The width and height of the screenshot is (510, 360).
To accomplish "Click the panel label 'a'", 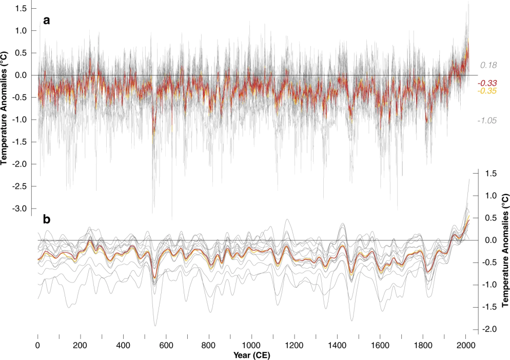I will (x=47, y=21).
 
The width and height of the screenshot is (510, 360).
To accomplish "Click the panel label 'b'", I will (x=47, y=220).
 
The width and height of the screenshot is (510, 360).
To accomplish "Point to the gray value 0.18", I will (x=488, y=65).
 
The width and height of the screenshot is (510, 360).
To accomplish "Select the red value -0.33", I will (x=487, y=83).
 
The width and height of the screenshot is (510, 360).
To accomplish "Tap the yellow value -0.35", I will (x=487, y=91).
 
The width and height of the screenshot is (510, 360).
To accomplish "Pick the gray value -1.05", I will (x=486, y=121).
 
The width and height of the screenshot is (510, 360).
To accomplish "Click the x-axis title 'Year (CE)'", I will (x=251, y=355).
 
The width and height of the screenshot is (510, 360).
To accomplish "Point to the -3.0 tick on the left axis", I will (x=19, y=209).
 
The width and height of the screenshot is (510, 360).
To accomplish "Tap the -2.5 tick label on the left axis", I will (x=19, y=186).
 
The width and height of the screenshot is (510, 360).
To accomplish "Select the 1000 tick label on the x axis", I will (x=251, y=345).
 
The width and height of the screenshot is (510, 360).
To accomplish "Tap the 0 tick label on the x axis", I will (x=38, y=345).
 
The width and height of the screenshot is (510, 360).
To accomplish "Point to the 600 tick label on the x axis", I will (x=166, y=345).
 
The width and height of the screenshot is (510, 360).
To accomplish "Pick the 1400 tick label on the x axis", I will (x=337, y=345).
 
